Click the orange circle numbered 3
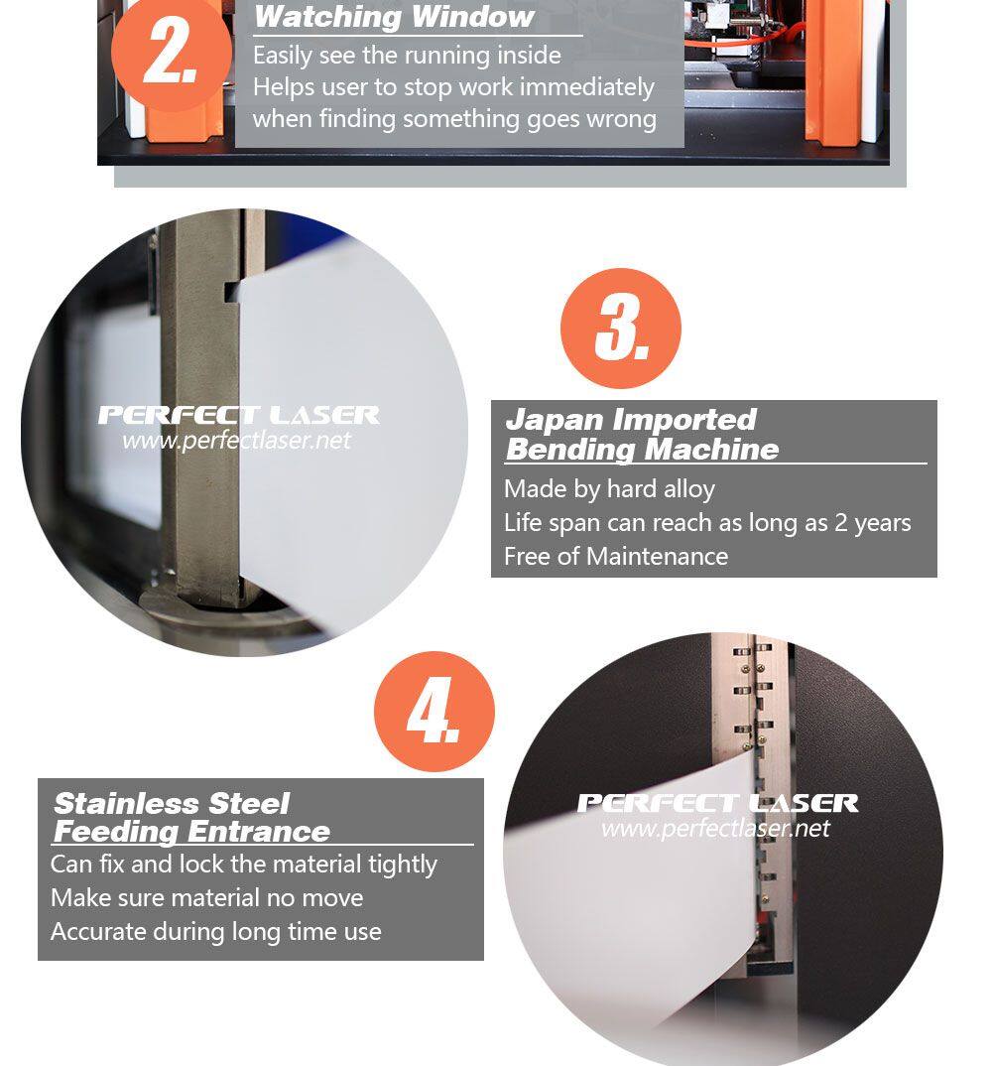pos(620,329)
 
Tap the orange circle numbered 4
pos(434,711)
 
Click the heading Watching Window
pos(394,17)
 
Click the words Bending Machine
pos(643,450)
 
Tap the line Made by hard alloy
pos(609,488)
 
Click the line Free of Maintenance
pos(616,556)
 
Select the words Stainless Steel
pos(172,804)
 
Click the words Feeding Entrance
pos(191,832)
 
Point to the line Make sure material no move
pos(207,898)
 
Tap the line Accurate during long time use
pos(216,932)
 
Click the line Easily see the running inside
pos(407,55)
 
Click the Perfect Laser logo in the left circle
pos(238,415)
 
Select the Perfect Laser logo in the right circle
pos(717,803)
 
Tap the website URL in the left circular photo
pos(236,441)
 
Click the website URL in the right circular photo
pos(715,828)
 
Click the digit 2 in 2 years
pos(841,523)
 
